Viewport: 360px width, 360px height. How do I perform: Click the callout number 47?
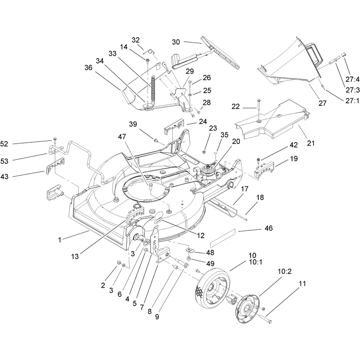pos(122,137)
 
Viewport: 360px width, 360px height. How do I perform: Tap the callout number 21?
pos(310,143)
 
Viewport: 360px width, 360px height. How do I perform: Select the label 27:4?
pos(352,80)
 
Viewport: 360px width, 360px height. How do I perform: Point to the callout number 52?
pos(4,144)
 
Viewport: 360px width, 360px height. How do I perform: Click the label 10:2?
pos(285,271)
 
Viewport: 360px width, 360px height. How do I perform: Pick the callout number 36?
pos(88,67)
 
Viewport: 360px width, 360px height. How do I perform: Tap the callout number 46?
pos(269,228)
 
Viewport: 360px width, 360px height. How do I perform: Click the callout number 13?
pos(75,256)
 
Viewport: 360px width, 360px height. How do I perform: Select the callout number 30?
pos(176,42)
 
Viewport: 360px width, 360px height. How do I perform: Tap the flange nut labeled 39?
pos(156,140)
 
